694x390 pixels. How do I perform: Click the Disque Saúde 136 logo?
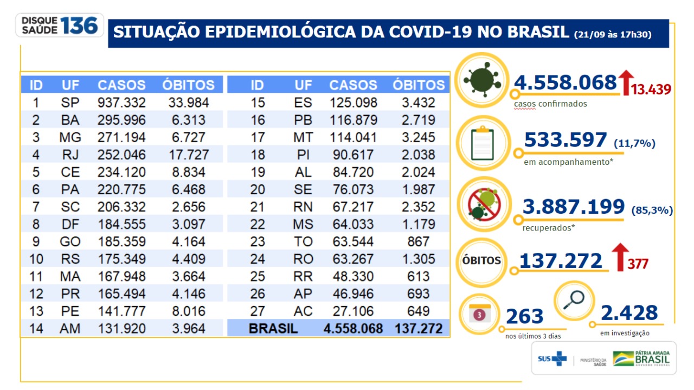click(60, 25)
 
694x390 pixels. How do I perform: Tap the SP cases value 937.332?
click(121, 103)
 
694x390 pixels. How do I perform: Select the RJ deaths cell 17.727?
click(188, 155)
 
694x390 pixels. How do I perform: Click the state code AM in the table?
click(70, 329)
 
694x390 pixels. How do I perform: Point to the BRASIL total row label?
click(273, 329)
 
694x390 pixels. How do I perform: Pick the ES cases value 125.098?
click(353, 103)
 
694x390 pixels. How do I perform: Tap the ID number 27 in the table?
click(258, 311)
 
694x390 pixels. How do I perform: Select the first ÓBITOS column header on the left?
click(188, 85)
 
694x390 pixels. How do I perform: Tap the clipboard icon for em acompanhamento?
click(482, 143)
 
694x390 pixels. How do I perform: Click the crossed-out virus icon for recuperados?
click(482, 205)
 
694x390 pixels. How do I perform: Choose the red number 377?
click(638, 264)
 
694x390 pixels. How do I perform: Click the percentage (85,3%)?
click(652, 210)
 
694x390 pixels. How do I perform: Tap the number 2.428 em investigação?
click(629, 313)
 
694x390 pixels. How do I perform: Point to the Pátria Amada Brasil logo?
click(642, 359)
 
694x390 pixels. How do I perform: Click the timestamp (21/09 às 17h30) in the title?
click(613, 34)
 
